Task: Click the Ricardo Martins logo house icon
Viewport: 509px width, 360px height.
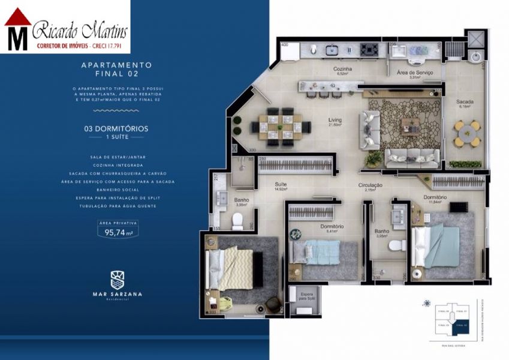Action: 17,29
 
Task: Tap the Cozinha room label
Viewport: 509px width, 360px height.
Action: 342,70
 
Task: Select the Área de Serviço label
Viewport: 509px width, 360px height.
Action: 419,73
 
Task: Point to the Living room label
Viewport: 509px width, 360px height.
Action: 335,121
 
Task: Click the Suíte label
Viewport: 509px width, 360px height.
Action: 280,185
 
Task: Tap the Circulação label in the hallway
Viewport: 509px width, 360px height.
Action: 371,186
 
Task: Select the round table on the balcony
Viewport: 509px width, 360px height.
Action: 467,133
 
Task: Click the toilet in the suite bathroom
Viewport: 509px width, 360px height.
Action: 238,221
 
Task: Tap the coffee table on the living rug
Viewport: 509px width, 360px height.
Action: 411,125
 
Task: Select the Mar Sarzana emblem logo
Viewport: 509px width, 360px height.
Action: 118,279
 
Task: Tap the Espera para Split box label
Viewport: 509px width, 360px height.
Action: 306,296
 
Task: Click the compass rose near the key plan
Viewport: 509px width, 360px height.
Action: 426,302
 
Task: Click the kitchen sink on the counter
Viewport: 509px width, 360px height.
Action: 333,50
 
